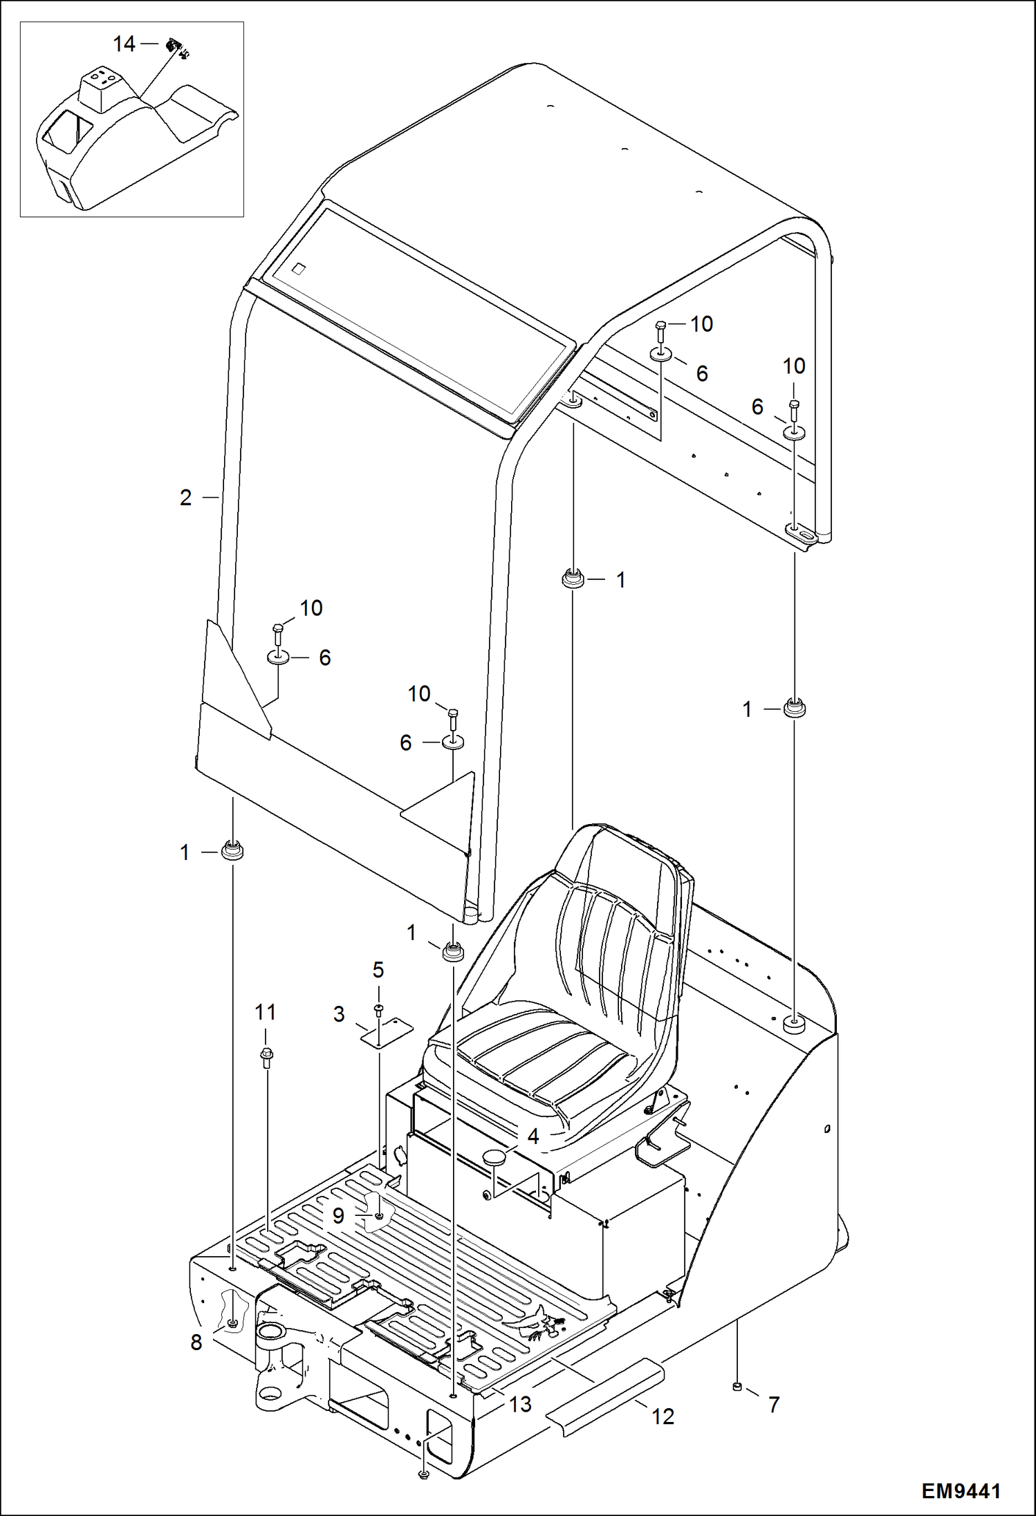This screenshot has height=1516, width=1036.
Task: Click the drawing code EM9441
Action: click(x=961, y=1490)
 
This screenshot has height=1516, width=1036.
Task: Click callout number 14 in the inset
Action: click(x=124, y=44)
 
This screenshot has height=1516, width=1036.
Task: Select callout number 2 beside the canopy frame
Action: click(x=185, y=498)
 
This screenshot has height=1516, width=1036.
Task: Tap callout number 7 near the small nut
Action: click(x=773, y=1404)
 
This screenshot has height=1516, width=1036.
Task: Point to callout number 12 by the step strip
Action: click(x=663, y=1416)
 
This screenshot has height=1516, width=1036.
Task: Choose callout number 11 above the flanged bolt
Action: click(x=266, y=1013)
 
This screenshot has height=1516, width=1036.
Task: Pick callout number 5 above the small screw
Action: click(x=378, y=970)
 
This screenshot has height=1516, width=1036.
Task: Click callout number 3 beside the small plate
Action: click(x=339, y=1015)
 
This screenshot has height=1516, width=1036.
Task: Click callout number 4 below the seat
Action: click(x=533, y=1136)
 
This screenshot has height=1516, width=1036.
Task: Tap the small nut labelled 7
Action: click(x=737, y=1386)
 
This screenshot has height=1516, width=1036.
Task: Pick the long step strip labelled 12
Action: click(x=605, y=1394)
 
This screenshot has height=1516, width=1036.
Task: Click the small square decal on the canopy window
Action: click(x=299, y=268)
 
